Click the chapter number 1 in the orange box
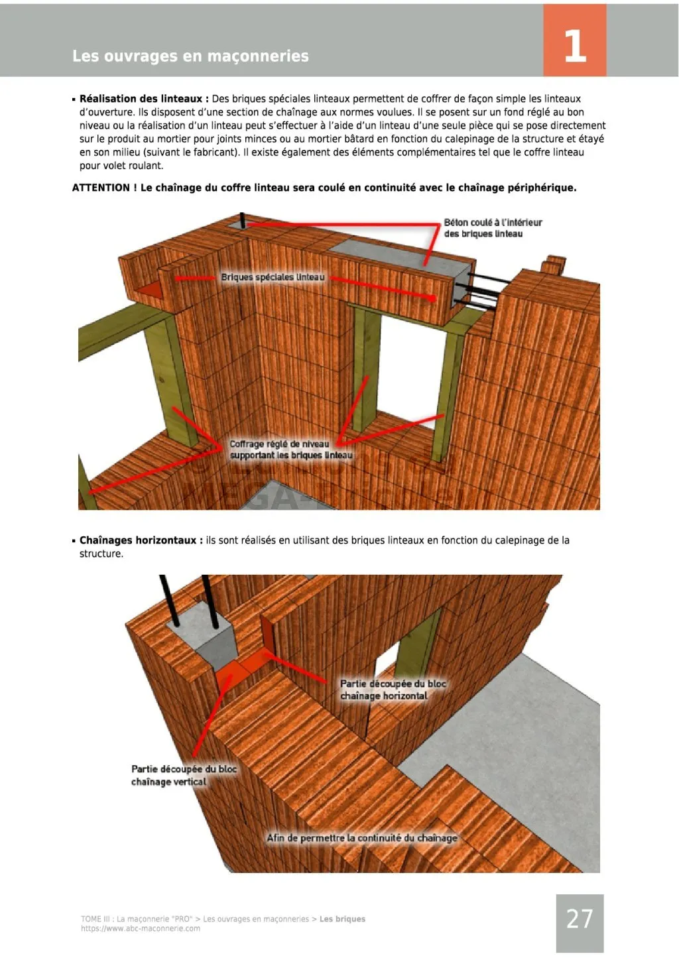pyautogui.click(x=574, y=46)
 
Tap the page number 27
pyautogui.click(x=580, y=918)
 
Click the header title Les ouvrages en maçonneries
pyautogui.click(x=190, y=56)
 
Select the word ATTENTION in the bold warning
pyautogui.click(x=101, y=188)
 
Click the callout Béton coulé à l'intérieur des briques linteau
pyautogui.click(x=493, y=228)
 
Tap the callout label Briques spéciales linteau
pyautogui.click(x=273, y=277)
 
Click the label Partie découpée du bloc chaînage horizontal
pyautogui.click(x=393, y=690)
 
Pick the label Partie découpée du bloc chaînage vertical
pyautogui.click(x=184, y=775)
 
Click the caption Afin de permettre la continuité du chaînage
pyautogui.click(x=361, y=838)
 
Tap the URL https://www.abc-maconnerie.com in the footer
pyautogui.click(x=140, y=928)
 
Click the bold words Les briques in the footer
pyautogui.click(x=342, y=919)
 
